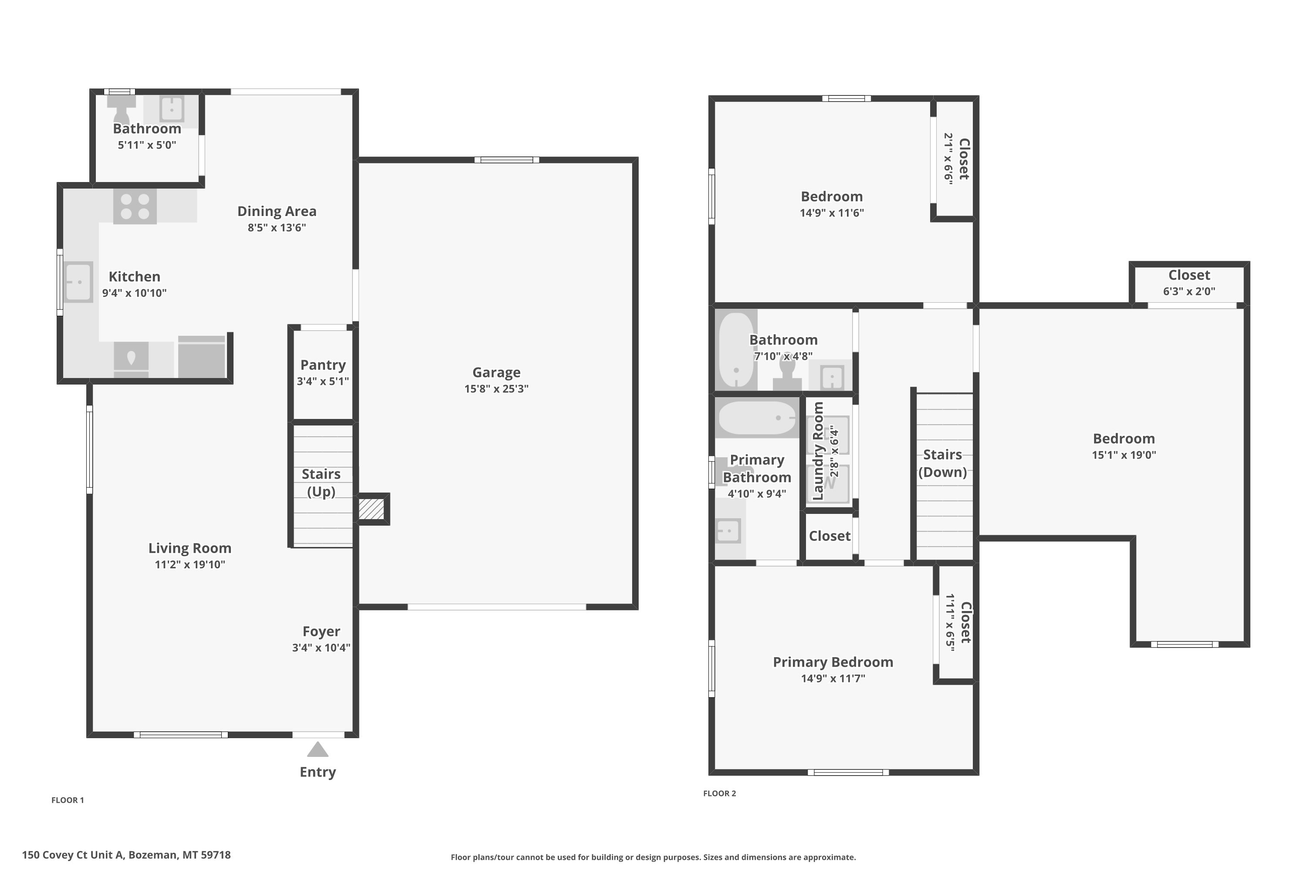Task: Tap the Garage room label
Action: pos(496,372)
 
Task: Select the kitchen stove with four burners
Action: pos(135,206)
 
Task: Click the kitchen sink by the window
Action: pos(78,282)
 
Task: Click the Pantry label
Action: pos(323,365)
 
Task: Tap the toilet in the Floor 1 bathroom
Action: pos(121,109)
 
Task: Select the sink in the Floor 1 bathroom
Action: pos(172,109)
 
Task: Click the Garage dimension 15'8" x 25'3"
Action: pos(496,389)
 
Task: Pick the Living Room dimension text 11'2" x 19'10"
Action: pos(190,564)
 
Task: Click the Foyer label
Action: pos(321,631)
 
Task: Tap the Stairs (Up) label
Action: pos(321,483)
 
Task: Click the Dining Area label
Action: pos(277,211)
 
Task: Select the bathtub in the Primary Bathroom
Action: pos(757,418)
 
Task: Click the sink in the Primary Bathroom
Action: pos(728,531)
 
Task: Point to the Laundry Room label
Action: pos(818,451)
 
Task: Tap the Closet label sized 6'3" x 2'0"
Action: pos(1189,275)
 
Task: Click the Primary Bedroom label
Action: pos(833,662)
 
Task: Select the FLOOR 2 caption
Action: pos(720,793)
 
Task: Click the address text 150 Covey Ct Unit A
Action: pos(72,855)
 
